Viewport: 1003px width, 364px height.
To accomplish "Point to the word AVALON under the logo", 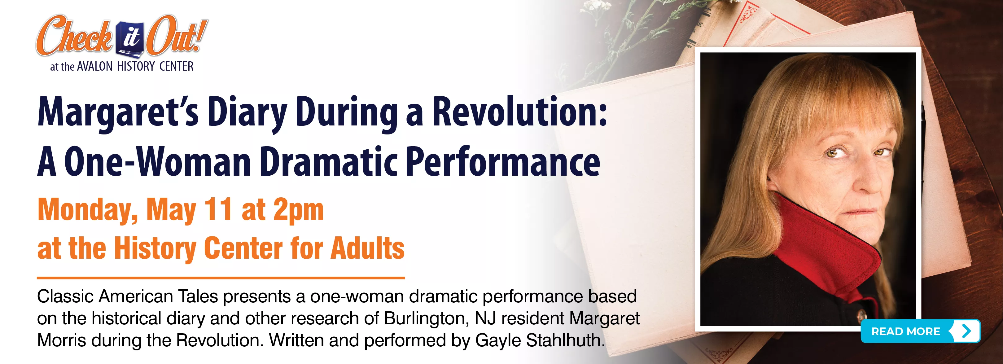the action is pyautogui.click(x=94, y=67).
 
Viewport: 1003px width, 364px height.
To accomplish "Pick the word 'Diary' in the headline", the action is pyautogui.click(x=247, y=114).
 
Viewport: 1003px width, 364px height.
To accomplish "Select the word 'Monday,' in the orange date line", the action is pyautogui.click(x=88, y=211).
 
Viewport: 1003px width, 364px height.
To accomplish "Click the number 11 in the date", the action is pyautogui.click(x=218, y=209).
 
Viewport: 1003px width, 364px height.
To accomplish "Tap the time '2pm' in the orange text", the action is pyautogui.click(x=298, y=211).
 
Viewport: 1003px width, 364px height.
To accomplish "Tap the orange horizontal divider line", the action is pyautogui.click(x=221, y=278).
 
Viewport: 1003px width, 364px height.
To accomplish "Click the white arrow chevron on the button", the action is pyautogui.click(x=966, y=331).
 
